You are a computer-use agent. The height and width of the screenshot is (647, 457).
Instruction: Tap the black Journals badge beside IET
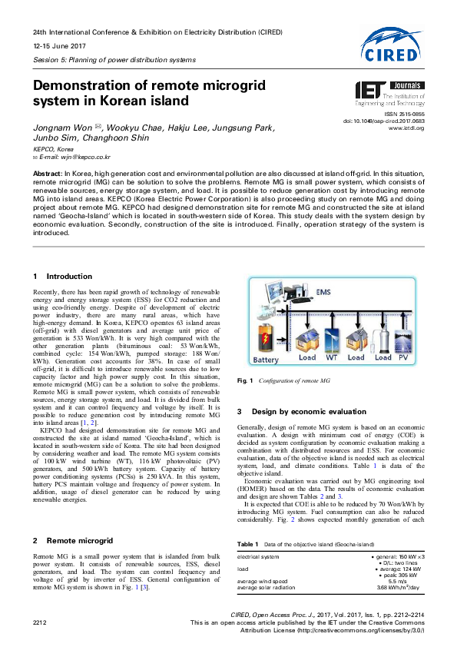pyautogui.click(x=405, y=88)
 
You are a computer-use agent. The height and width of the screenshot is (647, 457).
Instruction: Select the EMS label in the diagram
pyautogui.click(x=324, y=292)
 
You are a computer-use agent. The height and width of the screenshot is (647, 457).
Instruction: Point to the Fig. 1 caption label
pyautogui.click(x=246, y=381)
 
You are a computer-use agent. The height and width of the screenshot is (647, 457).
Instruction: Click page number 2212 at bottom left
pyautogui.click(x=41, y=620)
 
